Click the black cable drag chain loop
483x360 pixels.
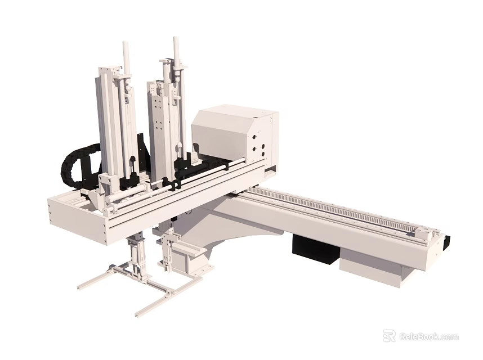[73, 163]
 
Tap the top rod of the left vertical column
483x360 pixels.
[126, 56]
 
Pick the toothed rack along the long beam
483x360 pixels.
[338, 210]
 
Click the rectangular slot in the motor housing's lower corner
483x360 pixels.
[271, 167]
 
